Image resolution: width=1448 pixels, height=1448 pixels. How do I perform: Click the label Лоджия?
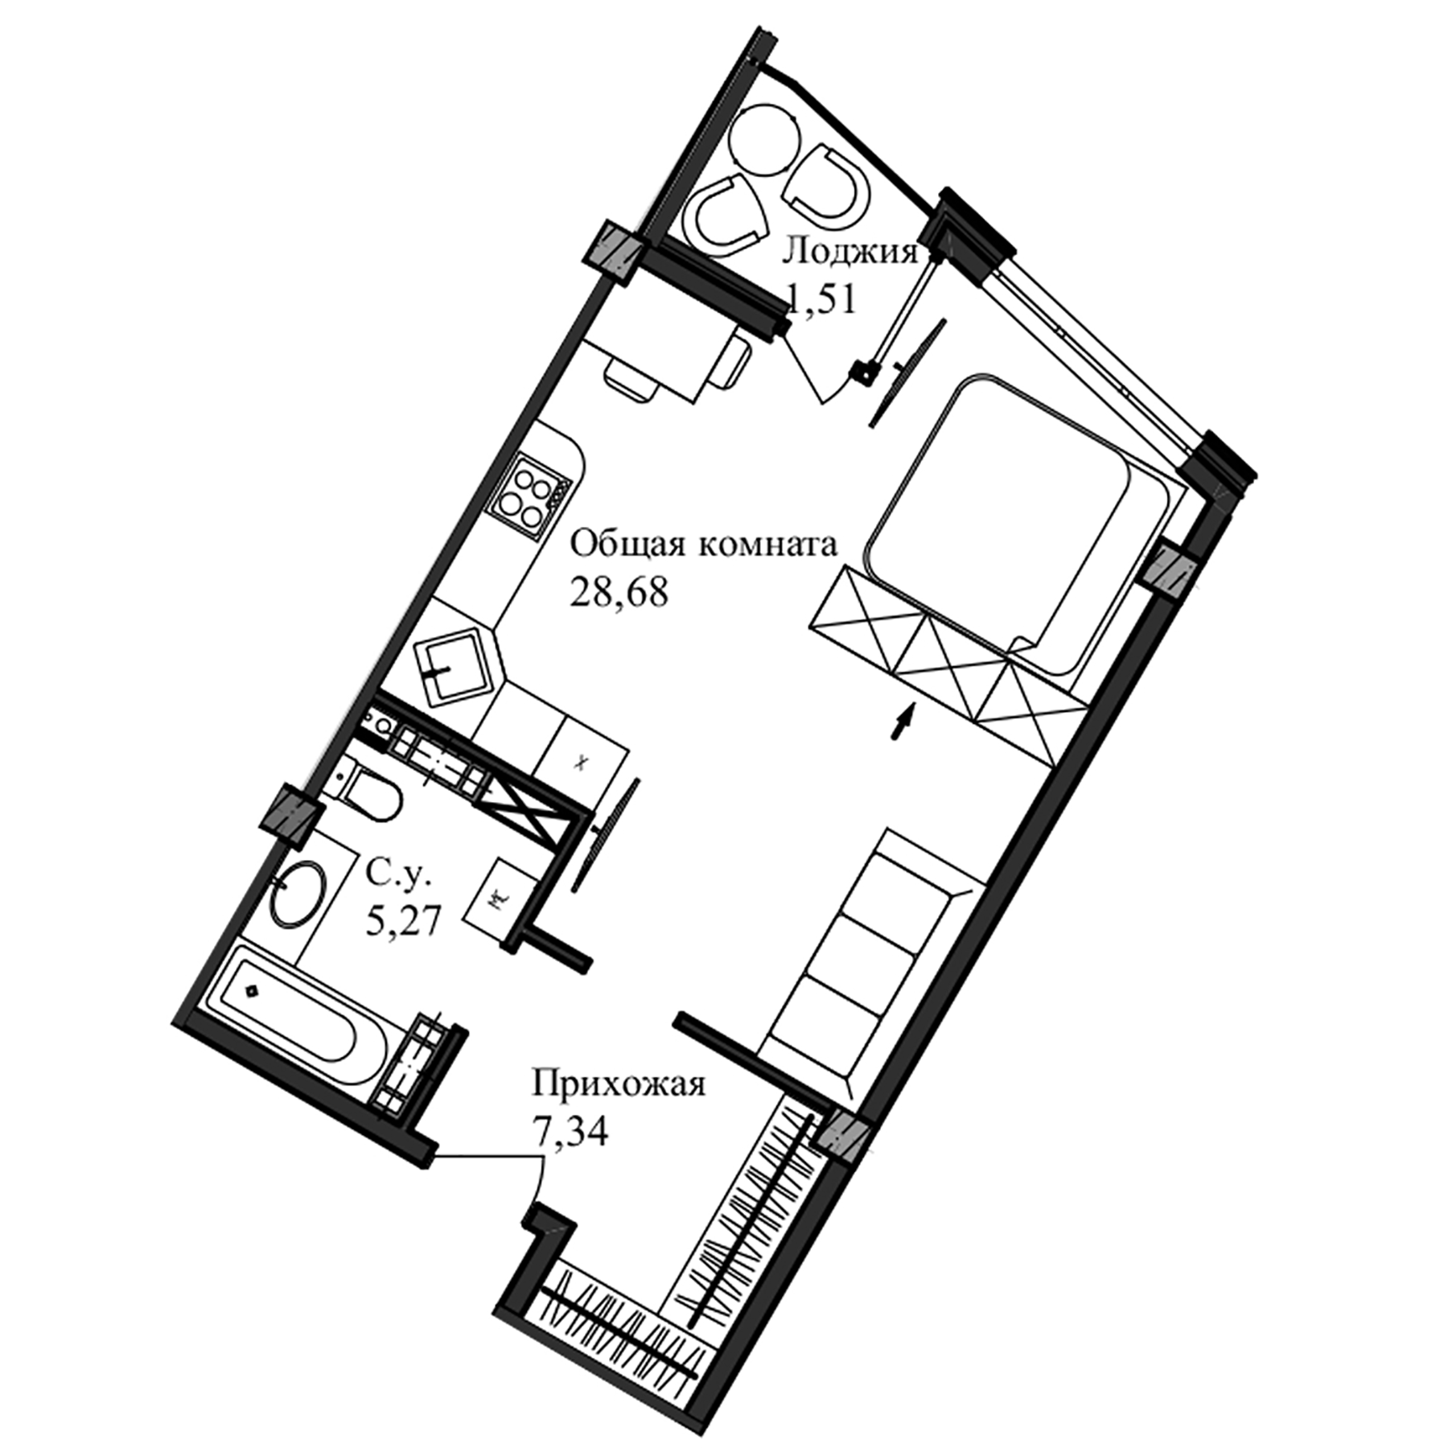[x=850, y=252]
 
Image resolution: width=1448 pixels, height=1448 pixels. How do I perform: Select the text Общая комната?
[x=704, y=545]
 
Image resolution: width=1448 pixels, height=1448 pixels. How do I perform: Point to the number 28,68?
[x=619, y=594]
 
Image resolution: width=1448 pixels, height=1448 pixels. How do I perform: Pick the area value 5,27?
[x=402, y=920]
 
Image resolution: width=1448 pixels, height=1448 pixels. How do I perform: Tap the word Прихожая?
[x=618, y=1084]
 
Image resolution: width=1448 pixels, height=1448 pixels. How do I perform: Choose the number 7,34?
[x=570, y=1131]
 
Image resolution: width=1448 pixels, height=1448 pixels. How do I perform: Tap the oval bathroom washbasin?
[x=295, y=893]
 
